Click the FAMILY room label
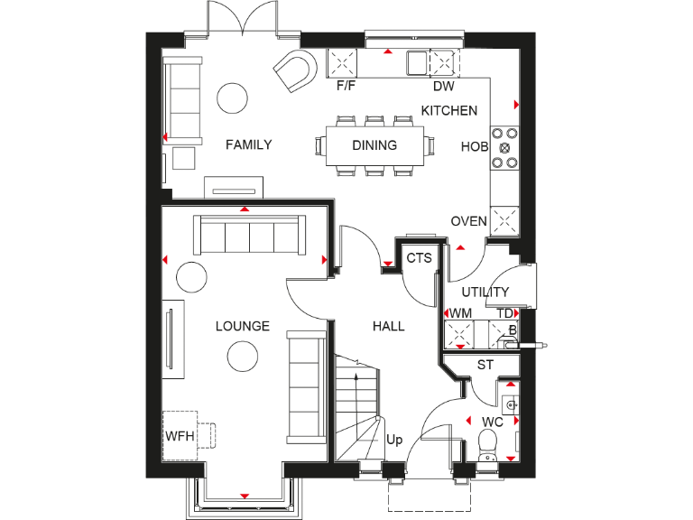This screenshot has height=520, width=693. pyautogui.click(x=249, y=144)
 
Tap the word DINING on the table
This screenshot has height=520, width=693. pyautogui.click(x=374, y=144)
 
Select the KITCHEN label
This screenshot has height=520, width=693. pyautogui.click(x=449, y=111)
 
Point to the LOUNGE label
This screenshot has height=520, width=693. pyautogui.click(x=242, y=326)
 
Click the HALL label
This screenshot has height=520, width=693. pyautogui.click(x=388, y=326)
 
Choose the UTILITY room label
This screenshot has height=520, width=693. pyautogui.click(x=485, y=292)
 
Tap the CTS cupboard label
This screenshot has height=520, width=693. pyautogui.click(x=419, y=258)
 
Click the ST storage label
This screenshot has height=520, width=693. pyautogui.click(x=485, y=365)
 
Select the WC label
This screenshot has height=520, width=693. pyautogui.click(x=492, y=422)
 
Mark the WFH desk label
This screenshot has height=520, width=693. pyautogui.click(x=180, y=436)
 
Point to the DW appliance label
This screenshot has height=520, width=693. pyautogui.click(x=443, y=88)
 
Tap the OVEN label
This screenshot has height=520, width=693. pyautogui.click(x=469, y=221)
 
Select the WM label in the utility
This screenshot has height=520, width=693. pyautogui.click(x=461, y=313)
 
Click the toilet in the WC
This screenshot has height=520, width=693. pyautogui.click(x=487, y=443)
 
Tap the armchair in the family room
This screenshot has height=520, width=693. pyautogui.click(x=296, y=70)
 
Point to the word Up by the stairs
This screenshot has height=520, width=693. pyautogui.click(x=394, y=441)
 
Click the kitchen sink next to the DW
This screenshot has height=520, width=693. pyautogui.click(x=417, y=63)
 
